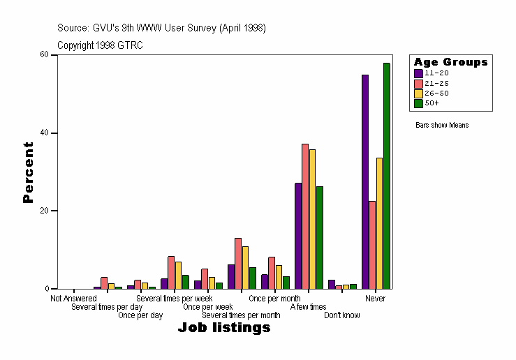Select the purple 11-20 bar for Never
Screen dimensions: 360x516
tap(364, 181)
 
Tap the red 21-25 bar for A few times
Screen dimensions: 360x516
tap(305, 216)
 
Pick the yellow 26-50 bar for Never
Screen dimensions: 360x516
tap(379, 223)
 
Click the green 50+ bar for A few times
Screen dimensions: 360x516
tap(319, 237)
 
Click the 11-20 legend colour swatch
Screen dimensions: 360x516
tap(418, 73)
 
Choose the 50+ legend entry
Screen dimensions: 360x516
tap(432, 103)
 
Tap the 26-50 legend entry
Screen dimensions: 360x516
tap(432, 93)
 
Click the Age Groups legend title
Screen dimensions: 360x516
tap(450, 62)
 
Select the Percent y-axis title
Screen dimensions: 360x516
tap(28, 172)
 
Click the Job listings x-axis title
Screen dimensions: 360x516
tap(223, 327)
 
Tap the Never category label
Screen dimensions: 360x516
tap(375, 299)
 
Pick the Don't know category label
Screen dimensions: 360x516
tap(342, 315)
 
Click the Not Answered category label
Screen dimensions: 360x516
tap(73, 299)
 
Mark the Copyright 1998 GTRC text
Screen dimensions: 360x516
tap(100, 45)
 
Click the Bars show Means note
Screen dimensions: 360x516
tap(442, 126)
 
